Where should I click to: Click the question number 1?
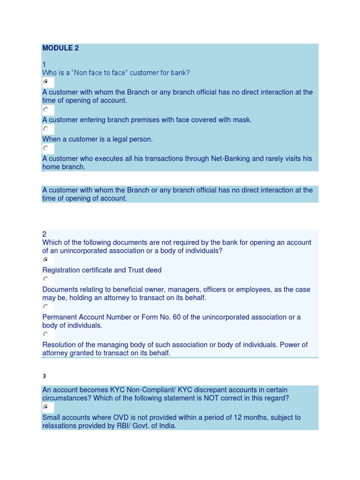pos(44,64)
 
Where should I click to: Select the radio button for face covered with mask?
pos(46,110)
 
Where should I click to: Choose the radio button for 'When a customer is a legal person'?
pos(46,129)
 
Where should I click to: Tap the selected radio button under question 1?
pos(46,82)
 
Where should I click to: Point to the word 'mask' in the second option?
pos(242,120)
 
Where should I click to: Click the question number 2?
pos(45,234)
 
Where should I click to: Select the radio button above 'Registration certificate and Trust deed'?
pos(46,260)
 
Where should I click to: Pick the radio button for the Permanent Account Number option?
pos(46,307)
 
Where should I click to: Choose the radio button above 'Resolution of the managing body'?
pos(46,334)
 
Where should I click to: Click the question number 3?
pos(45,376)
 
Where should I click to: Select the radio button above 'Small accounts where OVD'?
pos(46,407)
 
